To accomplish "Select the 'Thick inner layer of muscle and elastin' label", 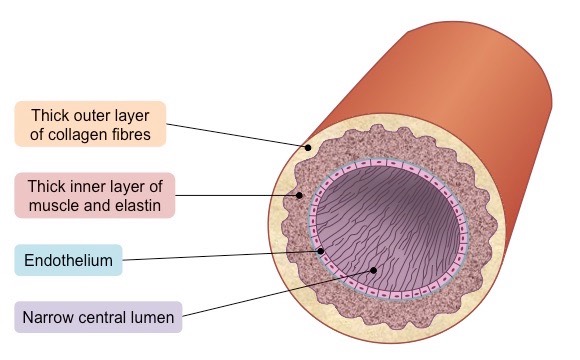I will click(x=96, y=195).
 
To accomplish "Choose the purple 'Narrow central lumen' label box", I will click(x=98, y=318).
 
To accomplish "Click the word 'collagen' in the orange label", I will click(x=84, y=135).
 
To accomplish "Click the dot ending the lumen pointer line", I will click(x=373, y=270).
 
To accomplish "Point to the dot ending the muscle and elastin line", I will click(x=297, y=194).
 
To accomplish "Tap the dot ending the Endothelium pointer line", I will click(x=321, y=250).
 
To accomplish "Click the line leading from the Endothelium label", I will click(x=220, y=257).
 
